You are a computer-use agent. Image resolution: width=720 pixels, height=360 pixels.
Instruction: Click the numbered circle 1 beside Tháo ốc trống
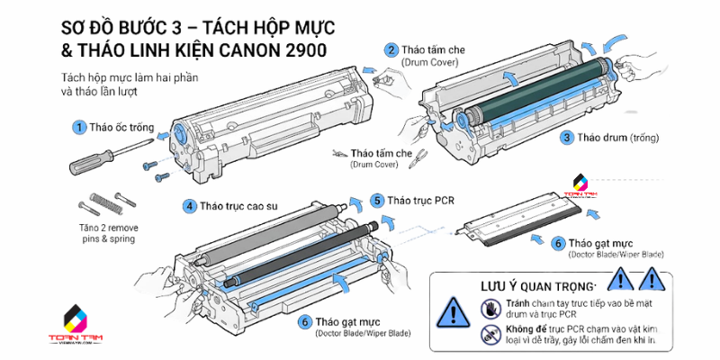click(x=79, y=127)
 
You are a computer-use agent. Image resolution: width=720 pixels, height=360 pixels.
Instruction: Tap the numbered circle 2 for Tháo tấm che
click(x=391, y=50)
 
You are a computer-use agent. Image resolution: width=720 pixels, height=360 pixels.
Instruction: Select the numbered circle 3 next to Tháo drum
click(x=567, y=138)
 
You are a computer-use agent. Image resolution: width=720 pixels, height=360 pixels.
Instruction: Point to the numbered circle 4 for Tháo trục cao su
click(x=190, y=206)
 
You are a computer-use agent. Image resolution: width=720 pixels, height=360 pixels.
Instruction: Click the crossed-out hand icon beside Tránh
click(x=490, y=308)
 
